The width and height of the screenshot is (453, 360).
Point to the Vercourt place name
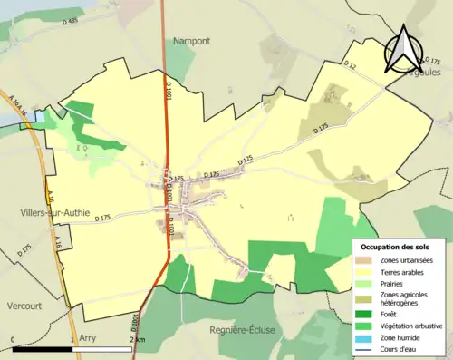(x=26, y=305)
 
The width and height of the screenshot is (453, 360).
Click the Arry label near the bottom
(x=88, y=336)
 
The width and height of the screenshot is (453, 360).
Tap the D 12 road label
(x=351, y=64)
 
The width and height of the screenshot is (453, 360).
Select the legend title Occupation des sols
(x=398, y=246)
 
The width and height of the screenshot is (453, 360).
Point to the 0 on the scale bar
(x=14, y=339)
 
